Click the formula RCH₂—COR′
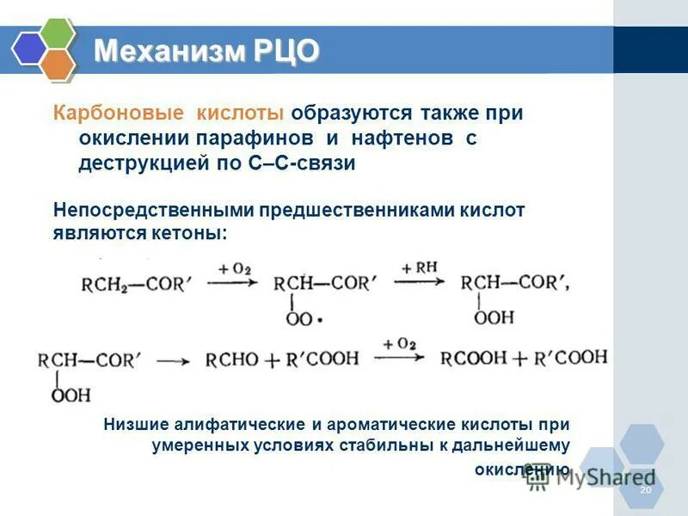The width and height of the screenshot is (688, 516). (x=133, y=284)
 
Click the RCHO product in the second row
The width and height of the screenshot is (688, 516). (x=232, y=360)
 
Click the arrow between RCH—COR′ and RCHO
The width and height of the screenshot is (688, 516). (x=172, y=362)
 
